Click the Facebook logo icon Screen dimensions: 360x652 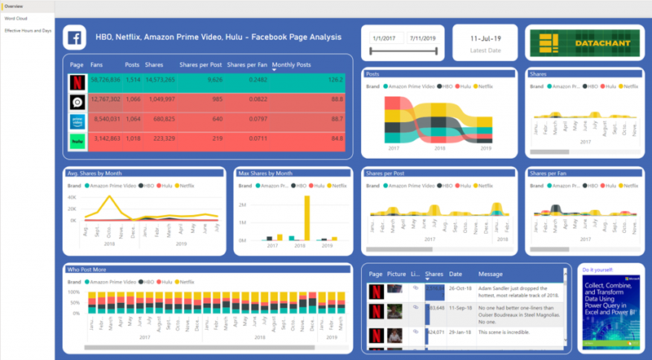click(x=76, y=38)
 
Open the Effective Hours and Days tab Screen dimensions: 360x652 click(x=29, y=30)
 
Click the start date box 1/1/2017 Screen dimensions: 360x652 click(x=384, y=38)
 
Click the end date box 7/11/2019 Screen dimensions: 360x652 click(x=422, y=38)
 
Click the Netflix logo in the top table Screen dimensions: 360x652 click(x=77, y=81)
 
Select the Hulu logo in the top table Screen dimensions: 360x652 click(x=77, y=140)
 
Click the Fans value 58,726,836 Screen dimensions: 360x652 click(x=105, y=81)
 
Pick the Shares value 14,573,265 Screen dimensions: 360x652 click(x=158, y=81)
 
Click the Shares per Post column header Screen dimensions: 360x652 click(x=200, y=64)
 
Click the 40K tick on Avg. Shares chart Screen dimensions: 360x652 click(x=72, y=196)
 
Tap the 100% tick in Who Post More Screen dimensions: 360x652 click(x=73, y=292)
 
